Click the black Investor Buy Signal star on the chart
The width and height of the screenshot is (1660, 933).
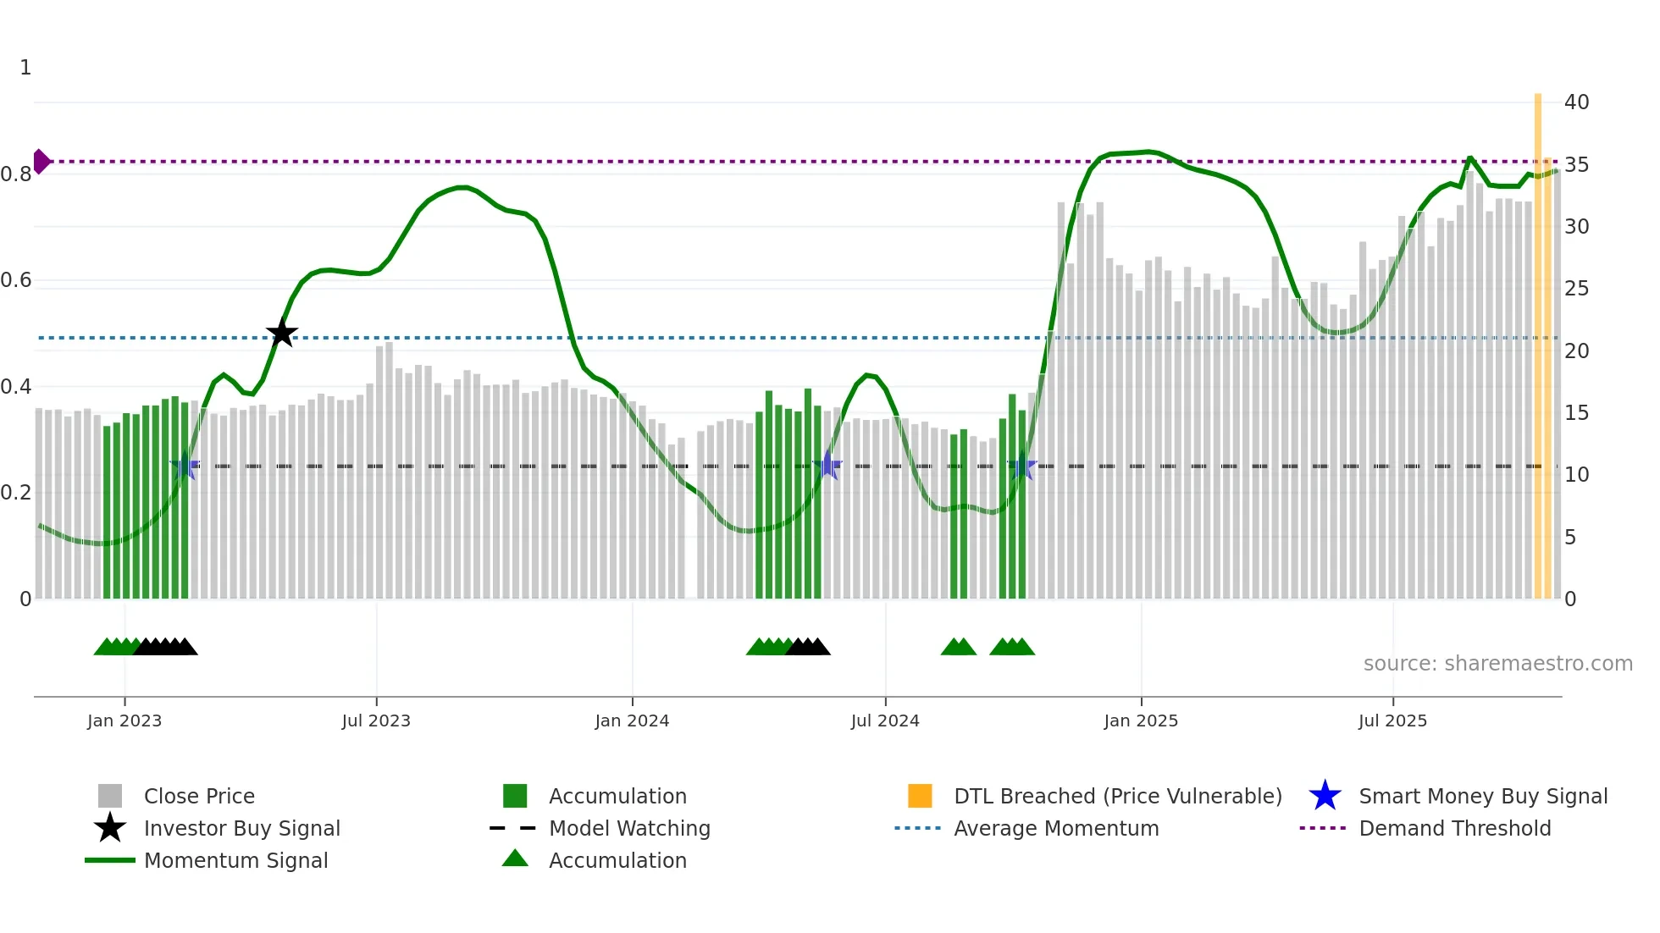pyautogui.click(x=282, y=333)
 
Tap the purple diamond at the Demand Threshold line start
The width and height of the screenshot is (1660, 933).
pyautogui.click(x=41, y=161)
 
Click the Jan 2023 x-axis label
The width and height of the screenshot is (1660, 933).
pyautogui.click(x=125, y=720)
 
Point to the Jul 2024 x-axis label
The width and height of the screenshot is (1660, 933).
pyautogui.click(x=885, y=720)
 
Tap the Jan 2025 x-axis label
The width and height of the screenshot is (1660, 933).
pyautogui.click(x=1141, y=720)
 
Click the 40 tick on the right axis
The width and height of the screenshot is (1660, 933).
pyautogui.click(x=1576, y=102)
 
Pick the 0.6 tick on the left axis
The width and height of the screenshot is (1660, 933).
pyautogui.click(x=17, y=280)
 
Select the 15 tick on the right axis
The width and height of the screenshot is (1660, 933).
pyautogui.click(x=1576, y=413)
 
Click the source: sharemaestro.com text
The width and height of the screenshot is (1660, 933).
pyautogui.click(x=1497, y=664)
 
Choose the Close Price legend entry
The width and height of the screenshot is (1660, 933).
pyautogui.click(x=199, y=796)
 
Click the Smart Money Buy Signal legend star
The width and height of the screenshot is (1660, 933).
pyautogui.click(x=1325, y=796)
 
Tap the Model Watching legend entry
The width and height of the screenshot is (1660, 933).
pyautogui.click(x=629, y=828)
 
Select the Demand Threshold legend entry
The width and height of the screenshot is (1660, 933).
pyautogui.click(x=1454, y=828)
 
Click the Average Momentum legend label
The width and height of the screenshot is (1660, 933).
pyautogui.click(x=1056, y=828)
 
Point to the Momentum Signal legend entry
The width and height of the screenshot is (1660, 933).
pyautogui.click(x=235, y=860)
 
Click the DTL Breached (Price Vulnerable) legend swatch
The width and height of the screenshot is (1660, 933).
pyautogui.click(x=920, y=796)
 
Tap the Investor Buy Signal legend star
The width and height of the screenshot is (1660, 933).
pyautogui.click(x=110, y=828)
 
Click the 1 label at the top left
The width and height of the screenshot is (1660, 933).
pyautogui.click(x=25, y=68)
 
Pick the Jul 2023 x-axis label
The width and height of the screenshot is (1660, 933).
pyautogui.click(x=376, y=720)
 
